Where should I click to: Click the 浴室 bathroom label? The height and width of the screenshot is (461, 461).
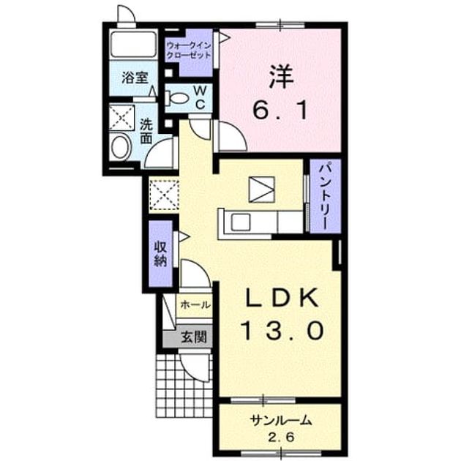click(x=135, y=78)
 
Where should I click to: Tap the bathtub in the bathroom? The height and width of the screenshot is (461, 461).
click(x=134, y=44)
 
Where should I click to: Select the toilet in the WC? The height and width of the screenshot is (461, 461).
click(x=176, y=99)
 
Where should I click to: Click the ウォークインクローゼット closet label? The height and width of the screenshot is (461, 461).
click(x=189, y=50)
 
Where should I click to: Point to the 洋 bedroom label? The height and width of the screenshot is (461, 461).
click(x=281, y=77)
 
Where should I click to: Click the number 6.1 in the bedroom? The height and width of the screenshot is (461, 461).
click(x=280, y=110)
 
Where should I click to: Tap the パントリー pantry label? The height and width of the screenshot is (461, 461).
click(x=325, y=197)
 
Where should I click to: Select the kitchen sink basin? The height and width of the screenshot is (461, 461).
click(x=241, y=222)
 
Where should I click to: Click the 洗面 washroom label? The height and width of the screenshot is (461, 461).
click(x=146, y=131)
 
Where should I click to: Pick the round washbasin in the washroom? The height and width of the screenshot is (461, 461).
click(x=121, y=148)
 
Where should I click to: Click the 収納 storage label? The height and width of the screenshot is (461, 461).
click(x=160, y=254)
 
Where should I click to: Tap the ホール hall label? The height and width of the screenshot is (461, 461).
click(x=195, y=304)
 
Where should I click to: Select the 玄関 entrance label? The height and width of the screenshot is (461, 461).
click(x=193, y=337)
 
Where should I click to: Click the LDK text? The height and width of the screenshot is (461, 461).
click(x=282, y=298)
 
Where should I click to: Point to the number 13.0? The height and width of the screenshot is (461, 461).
click(x=282, y=330)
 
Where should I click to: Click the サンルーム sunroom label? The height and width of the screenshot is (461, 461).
click(x=280, y=421)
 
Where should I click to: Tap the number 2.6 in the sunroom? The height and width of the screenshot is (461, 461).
click(x=280, y=438)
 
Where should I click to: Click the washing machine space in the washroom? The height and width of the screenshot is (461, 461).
click(x=121, y=118)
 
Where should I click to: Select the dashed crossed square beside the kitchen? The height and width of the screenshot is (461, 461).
click(x=164, y=195)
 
